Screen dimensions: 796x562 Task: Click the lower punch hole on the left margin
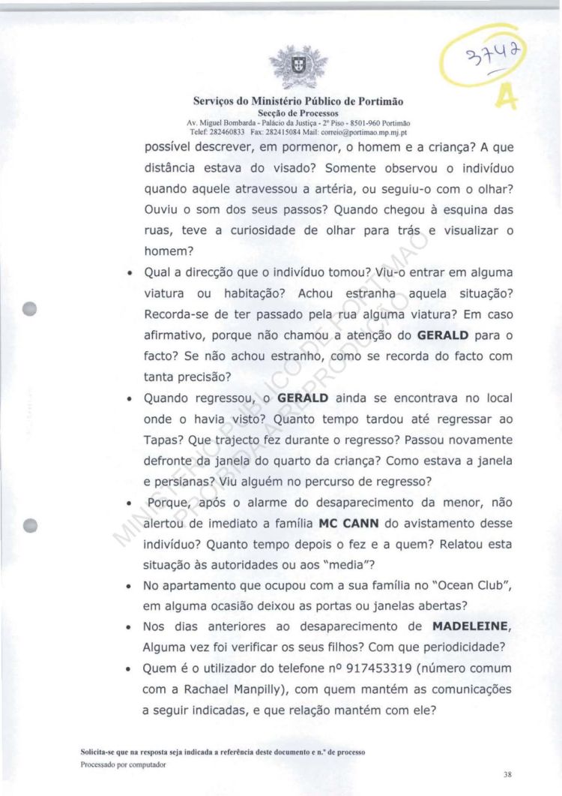[x=30, y=525]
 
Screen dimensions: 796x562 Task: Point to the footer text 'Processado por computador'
[x=123, y=765]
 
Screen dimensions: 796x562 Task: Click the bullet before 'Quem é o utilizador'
[x=131, y=668]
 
